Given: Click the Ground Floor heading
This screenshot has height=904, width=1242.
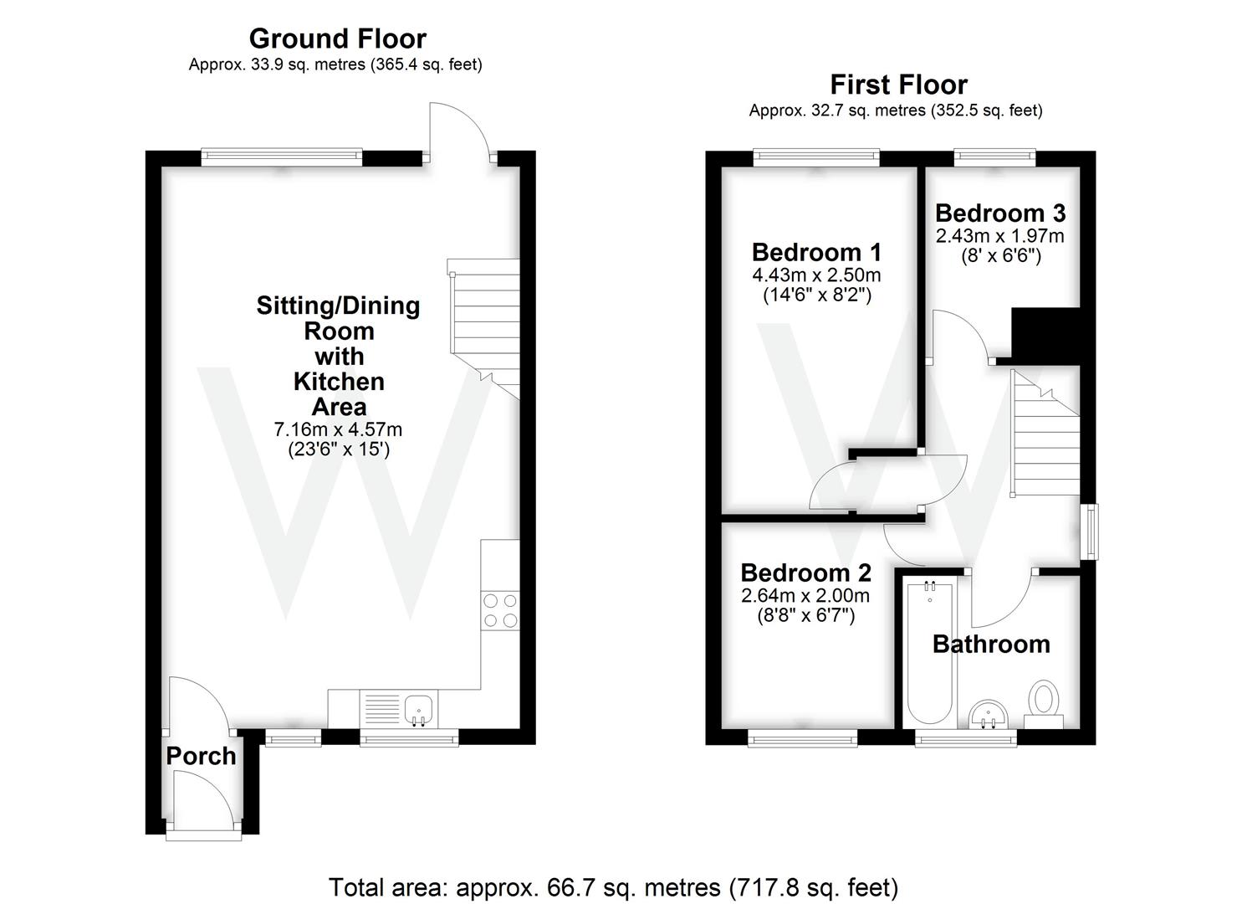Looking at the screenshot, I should (337, 39).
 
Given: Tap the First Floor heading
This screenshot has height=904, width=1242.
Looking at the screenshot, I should (898, 85).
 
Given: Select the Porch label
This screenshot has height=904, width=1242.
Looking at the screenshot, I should (201, 756).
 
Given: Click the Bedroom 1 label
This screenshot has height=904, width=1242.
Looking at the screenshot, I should (816, 252).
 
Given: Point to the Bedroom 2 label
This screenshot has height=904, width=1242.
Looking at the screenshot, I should (805, 573).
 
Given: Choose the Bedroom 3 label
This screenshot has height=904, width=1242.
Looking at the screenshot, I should (999, 213).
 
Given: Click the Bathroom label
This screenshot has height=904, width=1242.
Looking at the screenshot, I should (990, 644).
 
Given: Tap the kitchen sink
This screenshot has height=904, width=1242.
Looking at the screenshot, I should (417, 710).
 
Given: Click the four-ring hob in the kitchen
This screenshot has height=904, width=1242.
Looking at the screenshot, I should (500, 610).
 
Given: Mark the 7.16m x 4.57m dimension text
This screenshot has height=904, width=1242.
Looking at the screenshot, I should (338, 429).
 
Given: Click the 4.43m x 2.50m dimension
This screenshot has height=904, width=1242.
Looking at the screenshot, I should (816, 275).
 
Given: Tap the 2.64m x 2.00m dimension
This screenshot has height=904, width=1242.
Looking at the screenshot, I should (805, 596).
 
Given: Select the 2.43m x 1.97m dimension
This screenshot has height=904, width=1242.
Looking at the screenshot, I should (999, 236).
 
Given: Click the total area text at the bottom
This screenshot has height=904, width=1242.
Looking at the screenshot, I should (613, 887).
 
